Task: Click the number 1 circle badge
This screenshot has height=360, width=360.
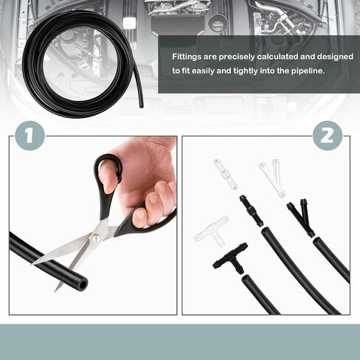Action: [x=30, y=136]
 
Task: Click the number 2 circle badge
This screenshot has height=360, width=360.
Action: [x=328, y=136]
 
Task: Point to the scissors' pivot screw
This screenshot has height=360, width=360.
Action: [x=95, y=237]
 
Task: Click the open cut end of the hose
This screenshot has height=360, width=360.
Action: [x=83, y=285]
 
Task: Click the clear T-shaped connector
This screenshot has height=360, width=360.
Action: [x=212, y=231]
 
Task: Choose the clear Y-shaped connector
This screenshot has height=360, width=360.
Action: [x=274, y=179]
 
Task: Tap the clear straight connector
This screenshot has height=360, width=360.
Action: [x=226, y=174]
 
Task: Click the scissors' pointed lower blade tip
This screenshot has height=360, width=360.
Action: [x=56, y=291]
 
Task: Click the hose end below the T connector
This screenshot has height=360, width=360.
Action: [x=246, y=280]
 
